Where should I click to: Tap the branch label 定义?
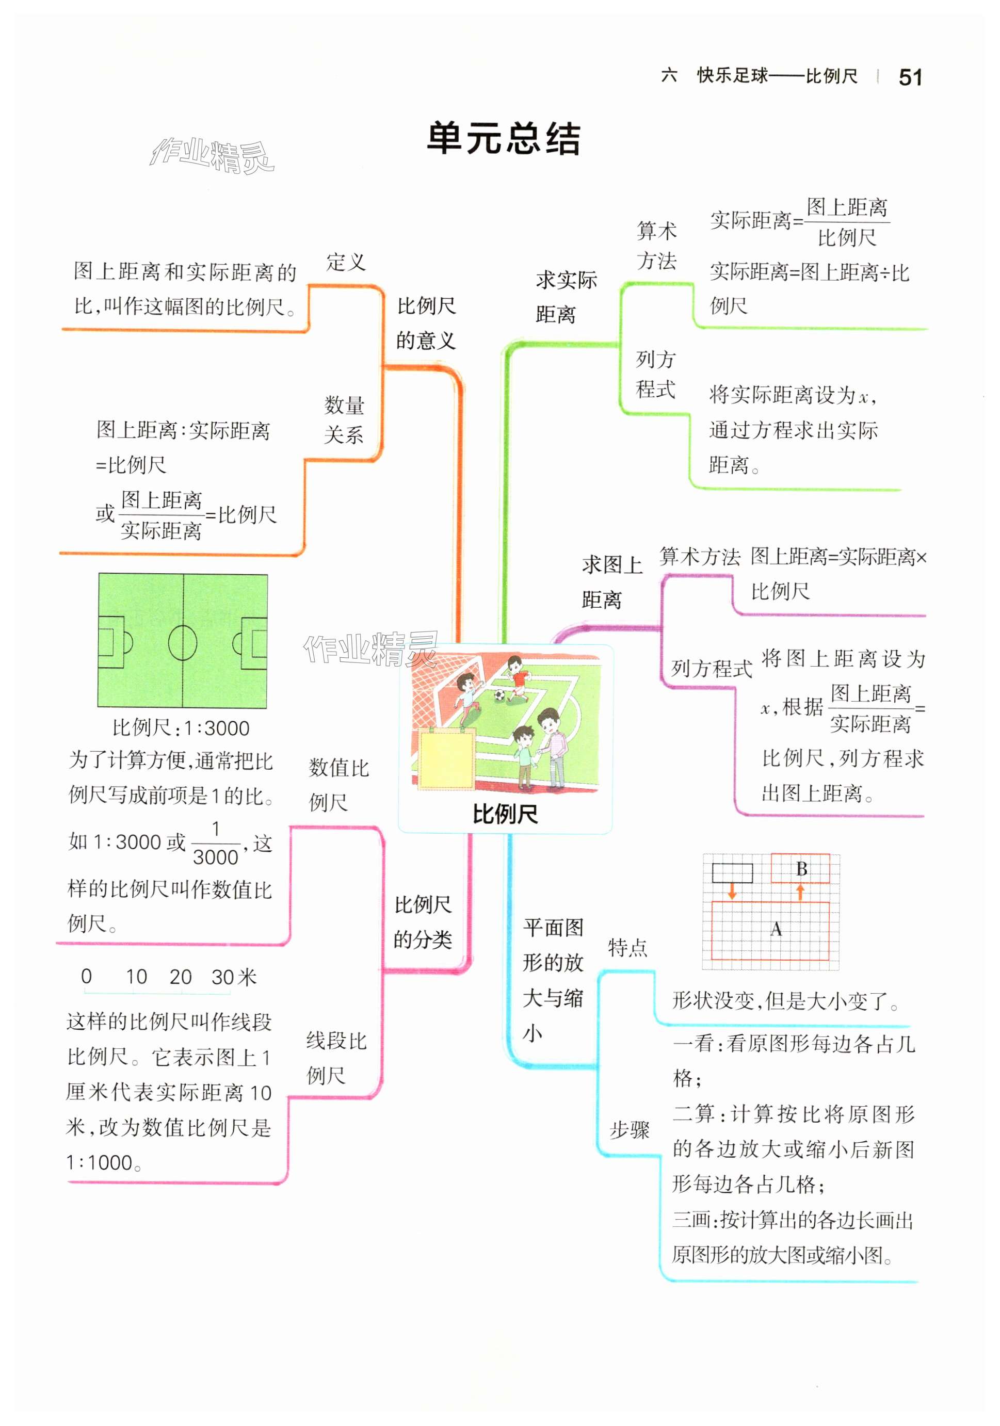[x=345, y=262]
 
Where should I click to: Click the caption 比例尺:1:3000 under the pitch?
[x=181, y=728]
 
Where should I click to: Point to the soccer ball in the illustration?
[x=499, y=695]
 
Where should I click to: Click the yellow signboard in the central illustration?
[x=446, y=759]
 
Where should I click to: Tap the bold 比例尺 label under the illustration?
[x=505, y=814]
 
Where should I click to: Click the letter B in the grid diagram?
[x=801, y=869]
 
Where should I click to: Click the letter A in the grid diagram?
[x=776, y=929]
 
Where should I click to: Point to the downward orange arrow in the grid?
[x=732, y=892]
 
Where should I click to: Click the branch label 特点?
[x=627, y=948]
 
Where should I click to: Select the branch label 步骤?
[x=628, y=1129]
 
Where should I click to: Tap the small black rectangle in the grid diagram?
[x=732, y=872]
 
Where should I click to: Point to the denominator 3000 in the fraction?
[x=216, y=857]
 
